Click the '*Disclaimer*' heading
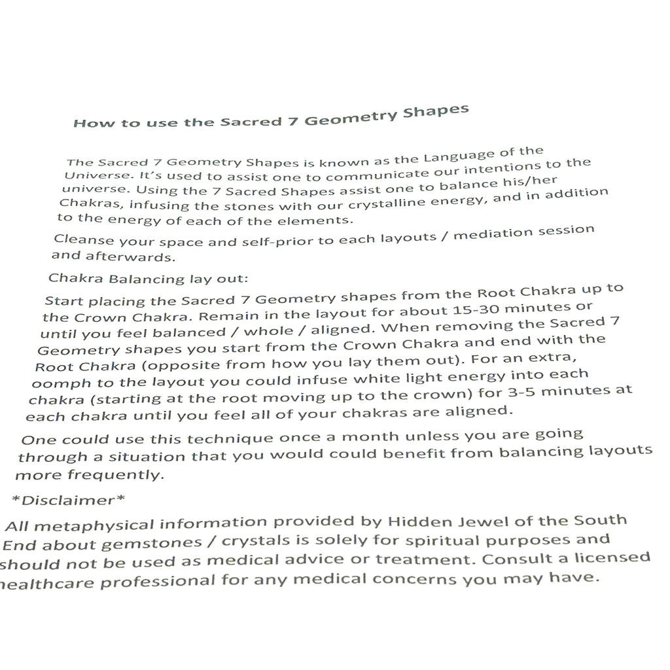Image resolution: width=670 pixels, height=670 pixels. pyautogui.click(x=69, y=501)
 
